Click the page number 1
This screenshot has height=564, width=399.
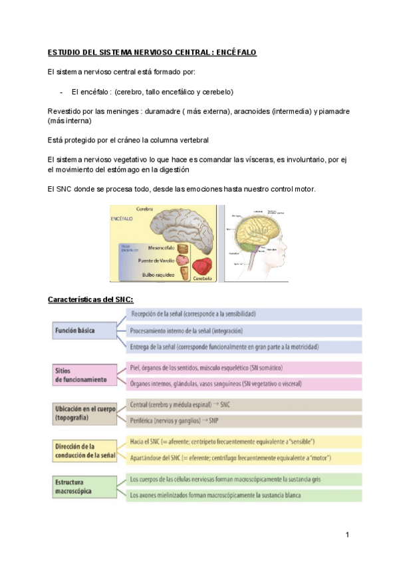tap(347, 535)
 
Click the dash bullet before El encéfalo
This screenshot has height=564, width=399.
tap(61, 91)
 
